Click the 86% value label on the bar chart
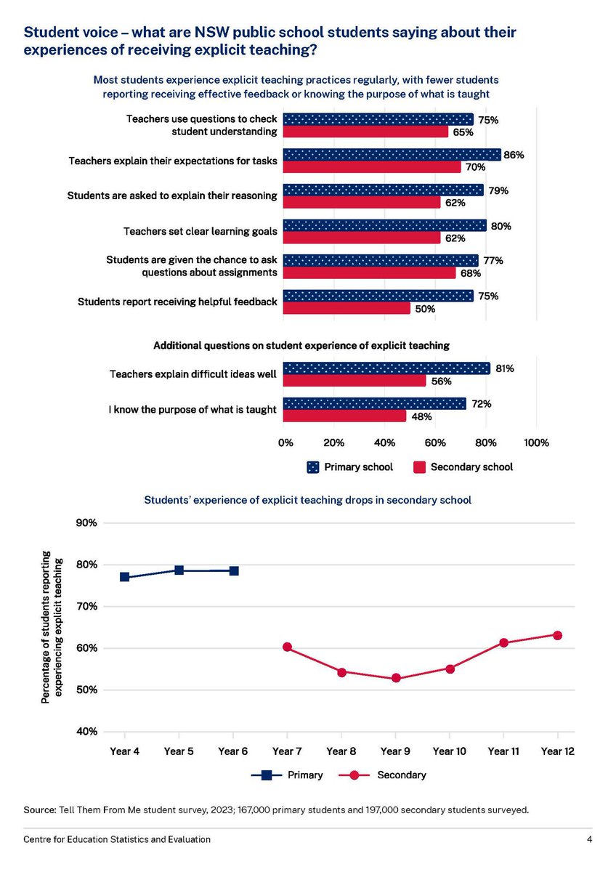pyautogui.click(x=514, y=155)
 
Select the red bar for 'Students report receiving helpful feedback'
pyautogui.click(x=346, y=308)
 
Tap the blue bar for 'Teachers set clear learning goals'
pyautogui.click(x=384, y=225)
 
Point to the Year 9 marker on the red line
pyautogui.click(x=396, y=678)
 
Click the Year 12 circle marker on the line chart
pyautogui.click(x=557, y=635)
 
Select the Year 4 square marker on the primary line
pyautogui.click(x=125, y=577)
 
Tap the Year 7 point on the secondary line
pyautogui.click(x=288, y=647)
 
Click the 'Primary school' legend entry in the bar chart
pyautogui.click(x=349, y=467)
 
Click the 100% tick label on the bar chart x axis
pyautogui.click(x=535, y=443)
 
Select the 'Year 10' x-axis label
pyautogui.click(x=449, y=751)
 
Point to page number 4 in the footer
pyautogui.click(x=589, y=839)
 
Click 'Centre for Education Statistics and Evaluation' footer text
pyautogui.click(x=117, y=839)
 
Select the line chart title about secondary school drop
pyautogui.click(x=308, y=500)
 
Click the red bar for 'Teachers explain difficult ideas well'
pyautogui.click(x=354, y=381)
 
